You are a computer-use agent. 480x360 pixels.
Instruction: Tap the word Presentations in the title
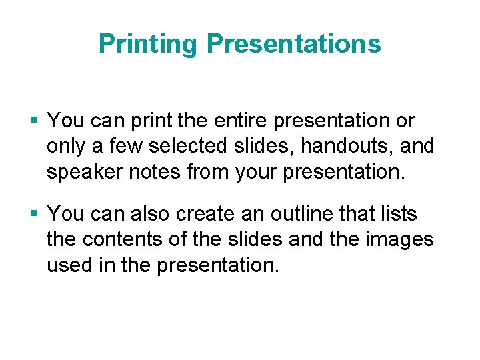tap(293, 44)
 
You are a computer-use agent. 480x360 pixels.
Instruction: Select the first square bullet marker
tap(35, 121)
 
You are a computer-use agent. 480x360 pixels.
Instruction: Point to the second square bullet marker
tap(35, 214)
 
